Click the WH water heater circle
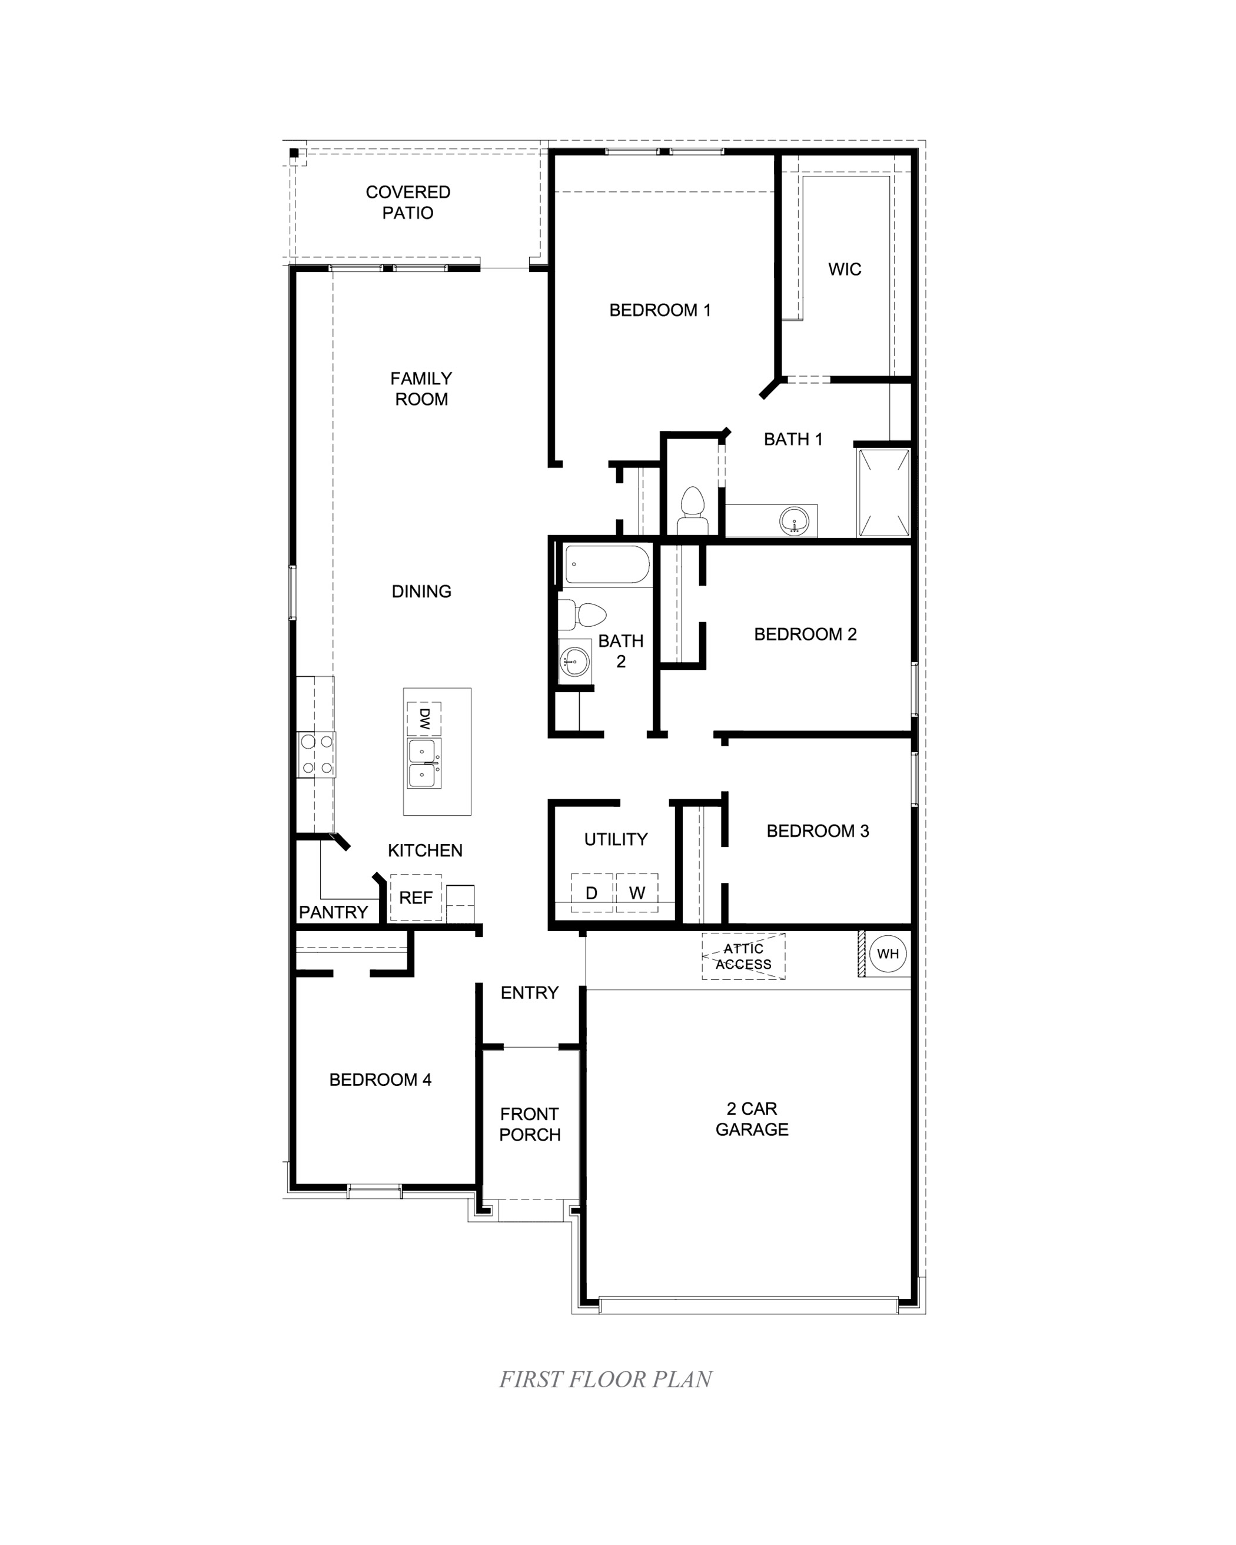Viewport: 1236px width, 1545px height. pos(888,954)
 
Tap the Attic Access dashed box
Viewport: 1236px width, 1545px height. pos(743,956)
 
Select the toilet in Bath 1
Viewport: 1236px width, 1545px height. pos(692,510)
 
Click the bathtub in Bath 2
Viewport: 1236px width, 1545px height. pos(607,566)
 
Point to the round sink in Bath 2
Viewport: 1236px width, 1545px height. pos(574,661)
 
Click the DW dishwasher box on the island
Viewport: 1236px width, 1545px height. pos(423,719)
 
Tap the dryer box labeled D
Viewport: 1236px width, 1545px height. pos(592,893)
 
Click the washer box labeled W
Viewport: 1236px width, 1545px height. pos(637,893)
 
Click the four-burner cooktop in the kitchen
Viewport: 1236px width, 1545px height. pos(317,755)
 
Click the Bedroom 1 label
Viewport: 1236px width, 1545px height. pos(660,310)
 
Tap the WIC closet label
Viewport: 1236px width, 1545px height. pos(845,270)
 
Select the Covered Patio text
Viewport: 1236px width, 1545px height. pos(408,202)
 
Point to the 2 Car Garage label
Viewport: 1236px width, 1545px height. pos(752,1119)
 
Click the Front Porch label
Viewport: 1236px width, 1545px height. pos(530,1124)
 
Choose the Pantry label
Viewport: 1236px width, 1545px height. pos(333,912)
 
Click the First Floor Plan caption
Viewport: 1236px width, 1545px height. pos(606,1380)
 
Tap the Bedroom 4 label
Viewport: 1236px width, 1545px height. pos(380,1080)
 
